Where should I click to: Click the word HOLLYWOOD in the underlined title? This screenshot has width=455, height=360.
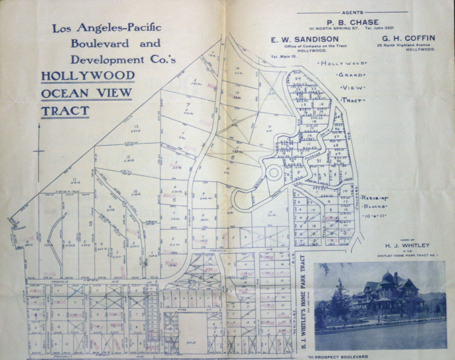click(x=88, y=76)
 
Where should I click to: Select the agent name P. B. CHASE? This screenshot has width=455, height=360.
click(x=352, y=22)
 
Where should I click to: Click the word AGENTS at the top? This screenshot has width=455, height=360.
click(x=352, y=12)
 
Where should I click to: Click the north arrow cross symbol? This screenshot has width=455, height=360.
click(x=38, y=152)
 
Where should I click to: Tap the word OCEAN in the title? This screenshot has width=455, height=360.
click(x=62, y=93)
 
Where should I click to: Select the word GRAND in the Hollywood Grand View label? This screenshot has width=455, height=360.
click(x=352, y=75)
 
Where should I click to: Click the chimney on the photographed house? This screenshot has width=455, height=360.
click(x=396, y=278)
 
